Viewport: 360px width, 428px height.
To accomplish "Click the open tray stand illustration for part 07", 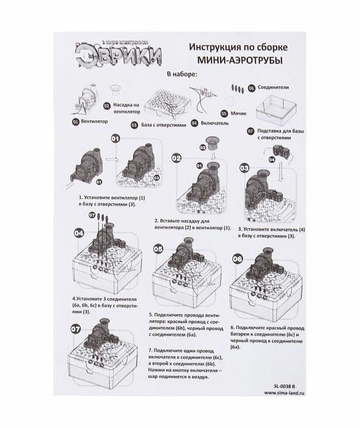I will (277, 109).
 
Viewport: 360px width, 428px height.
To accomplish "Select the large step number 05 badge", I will (159, 249).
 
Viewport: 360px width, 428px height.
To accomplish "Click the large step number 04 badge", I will (79, 232).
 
